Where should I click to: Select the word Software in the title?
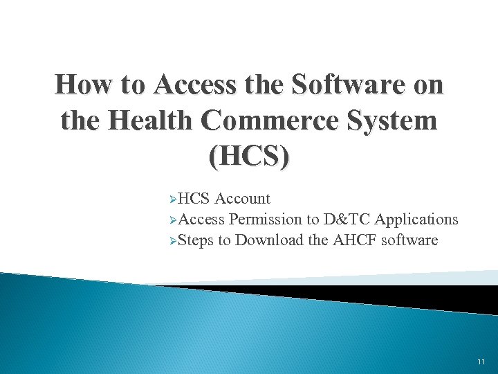356,86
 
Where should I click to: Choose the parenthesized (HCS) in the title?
249,155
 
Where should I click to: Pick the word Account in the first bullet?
242,199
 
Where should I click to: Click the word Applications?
416,220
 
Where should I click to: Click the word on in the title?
428,86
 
